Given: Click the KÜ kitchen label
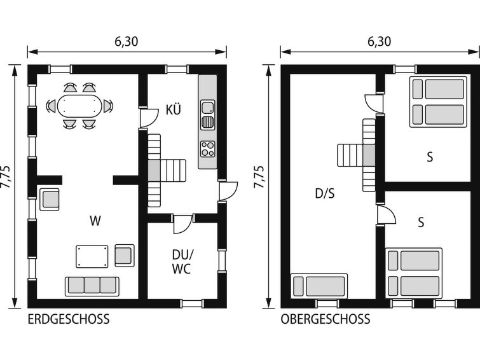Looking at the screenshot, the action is click(x=174, y=109).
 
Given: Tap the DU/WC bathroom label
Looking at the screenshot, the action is click(x=182, y=262).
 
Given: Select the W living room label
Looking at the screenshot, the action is click(x=95, y=221).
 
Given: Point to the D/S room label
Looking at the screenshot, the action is click(x=325, y=193).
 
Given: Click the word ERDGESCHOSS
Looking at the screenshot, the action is click(x=69, y=319).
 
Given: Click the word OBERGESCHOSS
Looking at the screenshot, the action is click(x=326, y=319).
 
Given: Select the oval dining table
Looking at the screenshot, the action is click(x=79, y=106).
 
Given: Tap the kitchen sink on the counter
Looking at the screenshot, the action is click(x=208, y=115).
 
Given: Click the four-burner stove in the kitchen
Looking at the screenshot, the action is click(x=208, y=149).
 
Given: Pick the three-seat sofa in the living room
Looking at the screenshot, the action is click(x=92, y=286).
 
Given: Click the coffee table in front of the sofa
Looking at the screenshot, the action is click(x=92, y=256).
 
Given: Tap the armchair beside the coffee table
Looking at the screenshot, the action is click(x=125, y=256).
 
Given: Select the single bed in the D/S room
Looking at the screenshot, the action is click(x=319, y=286).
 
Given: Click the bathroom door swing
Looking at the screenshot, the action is click(x=182, y=225).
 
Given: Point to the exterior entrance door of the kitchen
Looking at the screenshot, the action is click(x=228, y=191).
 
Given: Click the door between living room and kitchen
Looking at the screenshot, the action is click(x=149, y=118).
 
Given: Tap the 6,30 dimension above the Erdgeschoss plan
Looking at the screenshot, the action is click(x=127, y=41).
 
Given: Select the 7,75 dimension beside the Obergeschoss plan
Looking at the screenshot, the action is click(x=259, y=177).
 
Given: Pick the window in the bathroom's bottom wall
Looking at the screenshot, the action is click(x=192, y=303).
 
